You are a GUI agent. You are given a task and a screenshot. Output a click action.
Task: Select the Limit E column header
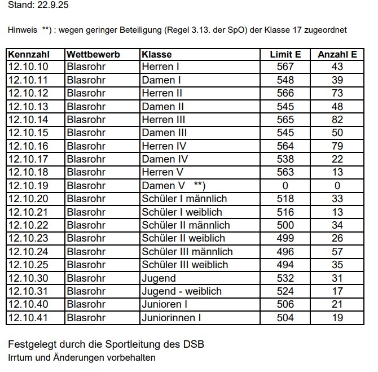tap(285, 55)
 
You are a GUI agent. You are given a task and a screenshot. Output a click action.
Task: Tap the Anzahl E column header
tap(337, 55)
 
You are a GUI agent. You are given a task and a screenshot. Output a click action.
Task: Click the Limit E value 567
tap(285, 67)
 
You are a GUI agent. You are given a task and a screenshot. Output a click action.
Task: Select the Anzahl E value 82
tap(337, 120)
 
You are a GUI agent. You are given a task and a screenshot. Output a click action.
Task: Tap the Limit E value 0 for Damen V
tap(285, 185)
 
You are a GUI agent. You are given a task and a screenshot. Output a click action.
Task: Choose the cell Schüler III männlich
tap(187, 251)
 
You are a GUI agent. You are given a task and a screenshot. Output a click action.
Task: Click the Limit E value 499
tap(285, 238)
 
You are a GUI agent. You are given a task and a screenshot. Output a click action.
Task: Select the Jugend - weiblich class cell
tap(182, 291)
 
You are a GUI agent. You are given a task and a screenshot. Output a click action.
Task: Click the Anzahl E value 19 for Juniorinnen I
tap(337, 318)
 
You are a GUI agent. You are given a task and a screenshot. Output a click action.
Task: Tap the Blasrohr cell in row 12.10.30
tap(86, 278)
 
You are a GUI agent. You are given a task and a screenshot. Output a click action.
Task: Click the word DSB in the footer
tap(194, 344)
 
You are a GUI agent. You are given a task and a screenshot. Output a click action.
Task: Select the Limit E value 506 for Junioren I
tap(285, 304)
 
